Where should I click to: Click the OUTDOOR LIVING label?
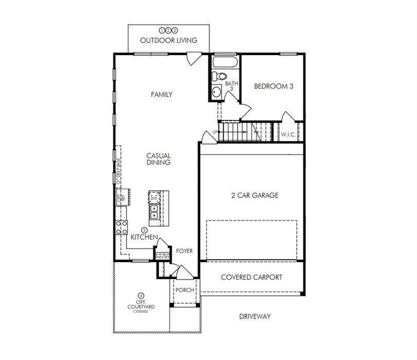pos(169,41)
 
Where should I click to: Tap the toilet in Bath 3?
pos(220,77)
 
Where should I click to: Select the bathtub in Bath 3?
pos(226,62)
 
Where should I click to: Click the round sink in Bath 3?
pos(217,92)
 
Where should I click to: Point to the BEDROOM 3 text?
pos(274,86)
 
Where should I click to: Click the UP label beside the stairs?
pos(214,133)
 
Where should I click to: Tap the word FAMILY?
pos(161,94)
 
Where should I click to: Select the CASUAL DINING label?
pos(158,159)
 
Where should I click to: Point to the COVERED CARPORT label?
pos(251,277)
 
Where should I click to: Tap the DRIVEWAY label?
pos(255,316)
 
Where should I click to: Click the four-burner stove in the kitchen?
pos(121,226)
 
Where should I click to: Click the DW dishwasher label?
pos(154,197)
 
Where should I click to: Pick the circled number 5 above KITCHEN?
pos(144,230)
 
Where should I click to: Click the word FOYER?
pos(184,251)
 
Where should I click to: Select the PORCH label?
pos(183,291)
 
